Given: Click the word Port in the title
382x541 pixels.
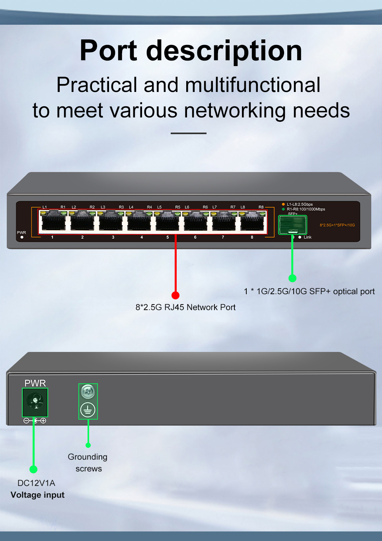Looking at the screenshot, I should [x=108, y=51].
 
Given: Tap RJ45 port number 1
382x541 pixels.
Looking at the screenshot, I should [x=53, y=221].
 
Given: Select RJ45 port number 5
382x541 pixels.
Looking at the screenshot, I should [x=167, y=221].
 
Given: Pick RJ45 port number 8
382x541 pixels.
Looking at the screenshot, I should [x=253, y=221].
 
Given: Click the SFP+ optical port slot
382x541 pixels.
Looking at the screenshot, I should [x=292, y=225].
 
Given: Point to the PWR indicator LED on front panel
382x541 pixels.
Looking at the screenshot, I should [x=22, y=237].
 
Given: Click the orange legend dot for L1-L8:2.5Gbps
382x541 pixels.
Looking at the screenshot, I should [x=283, y=204].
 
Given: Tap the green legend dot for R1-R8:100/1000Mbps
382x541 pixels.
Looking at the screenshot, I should [x=283, y=209].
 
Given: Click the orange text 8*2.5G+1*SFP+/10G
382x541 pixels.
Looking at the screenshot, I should [x=337, y=225].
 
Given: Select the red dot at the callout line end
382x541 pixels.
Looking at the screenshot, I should [x=175, y=295].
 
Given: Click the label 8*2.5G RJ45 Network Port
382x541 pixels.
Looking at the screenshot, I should [x=185, y=307].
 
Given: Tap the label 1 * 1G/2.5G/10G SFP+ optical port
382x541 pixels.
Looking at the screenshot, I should [x=309, y=291].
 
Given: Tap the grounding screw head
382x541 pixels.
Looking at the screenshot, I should [x=88, y=392].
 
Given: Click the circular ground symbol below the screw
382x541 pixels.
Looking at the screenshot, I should [x=88, y=410].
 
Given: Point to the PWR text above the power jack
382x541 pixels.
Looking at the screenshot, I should [x=35, y=383].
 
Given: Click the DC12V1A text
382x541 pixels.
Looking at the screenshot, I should [x=36, y=483].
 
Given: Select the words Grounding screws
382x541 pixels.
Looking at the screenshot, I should [x=88, y=463].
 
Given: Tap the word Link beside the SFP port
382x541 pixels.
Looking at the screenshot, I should [x=308, y=237].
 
